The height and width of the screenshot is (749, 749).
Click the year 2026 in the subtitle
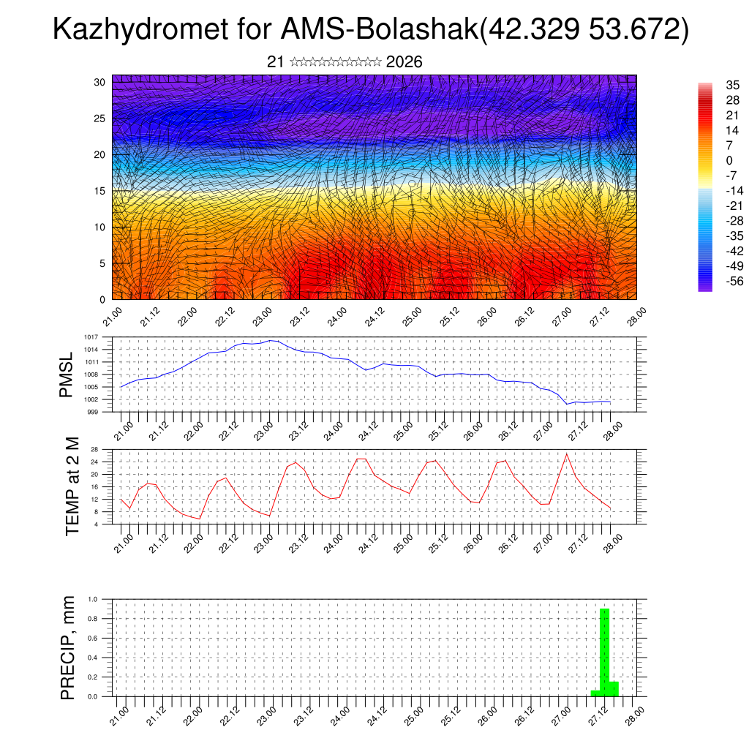tap(404, 62)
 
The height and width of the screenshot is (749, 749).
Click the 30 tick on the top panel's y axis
tap(99, 82)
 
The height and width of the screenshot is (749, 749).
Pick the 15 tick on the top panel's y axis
tap(99, 191)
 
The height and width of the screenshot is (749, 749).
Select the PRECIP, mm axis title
tap(67, 648)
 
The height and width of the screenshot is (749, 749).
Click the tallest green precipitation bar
tap(605, 651)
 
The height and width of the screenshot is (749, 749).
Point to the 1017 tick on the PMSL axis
tap(90, 337)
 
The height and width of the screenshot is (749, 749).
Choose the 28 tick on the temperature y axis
tap(94, 449)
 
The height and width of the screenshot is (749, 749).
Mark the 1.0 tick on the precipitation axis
tap(93, 599)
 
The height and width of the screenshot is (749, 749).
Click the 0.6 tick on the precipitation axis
tap(93, 639)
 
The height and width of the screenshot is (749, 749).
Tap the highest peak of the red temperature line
tap(566, 454)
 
